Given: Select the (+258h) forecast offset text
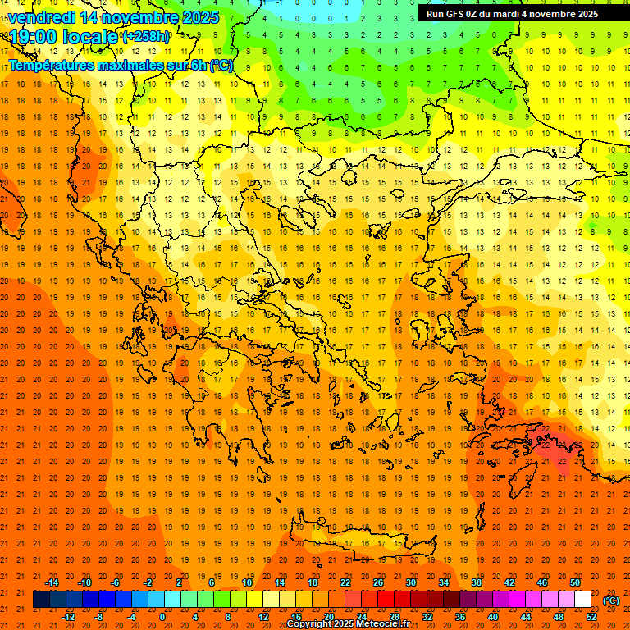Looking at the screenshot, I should (x=146, y=37).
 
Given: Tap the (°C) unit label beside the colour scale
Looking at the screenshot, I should (x=611, y=600).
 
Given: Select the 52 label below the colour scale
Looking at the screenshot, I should (x=591, y=617).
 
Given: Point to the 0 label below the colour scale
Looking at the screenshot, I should (x=162, y=617).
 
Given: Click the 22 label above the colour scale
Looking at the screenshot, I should (x=345, y=582).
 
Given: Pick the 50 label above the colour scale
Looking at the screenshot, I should (x=575, y=582).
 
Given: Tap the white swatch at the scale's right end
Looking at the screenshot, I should (x=582, y=600).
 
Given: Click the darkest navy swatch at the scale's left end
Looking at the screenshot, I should (x=41, y=600).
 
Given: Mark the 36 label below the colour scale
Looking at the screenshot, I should (x=460, y=617).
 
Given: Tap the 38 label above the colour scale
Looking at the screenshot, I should (x=477, y=582).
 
